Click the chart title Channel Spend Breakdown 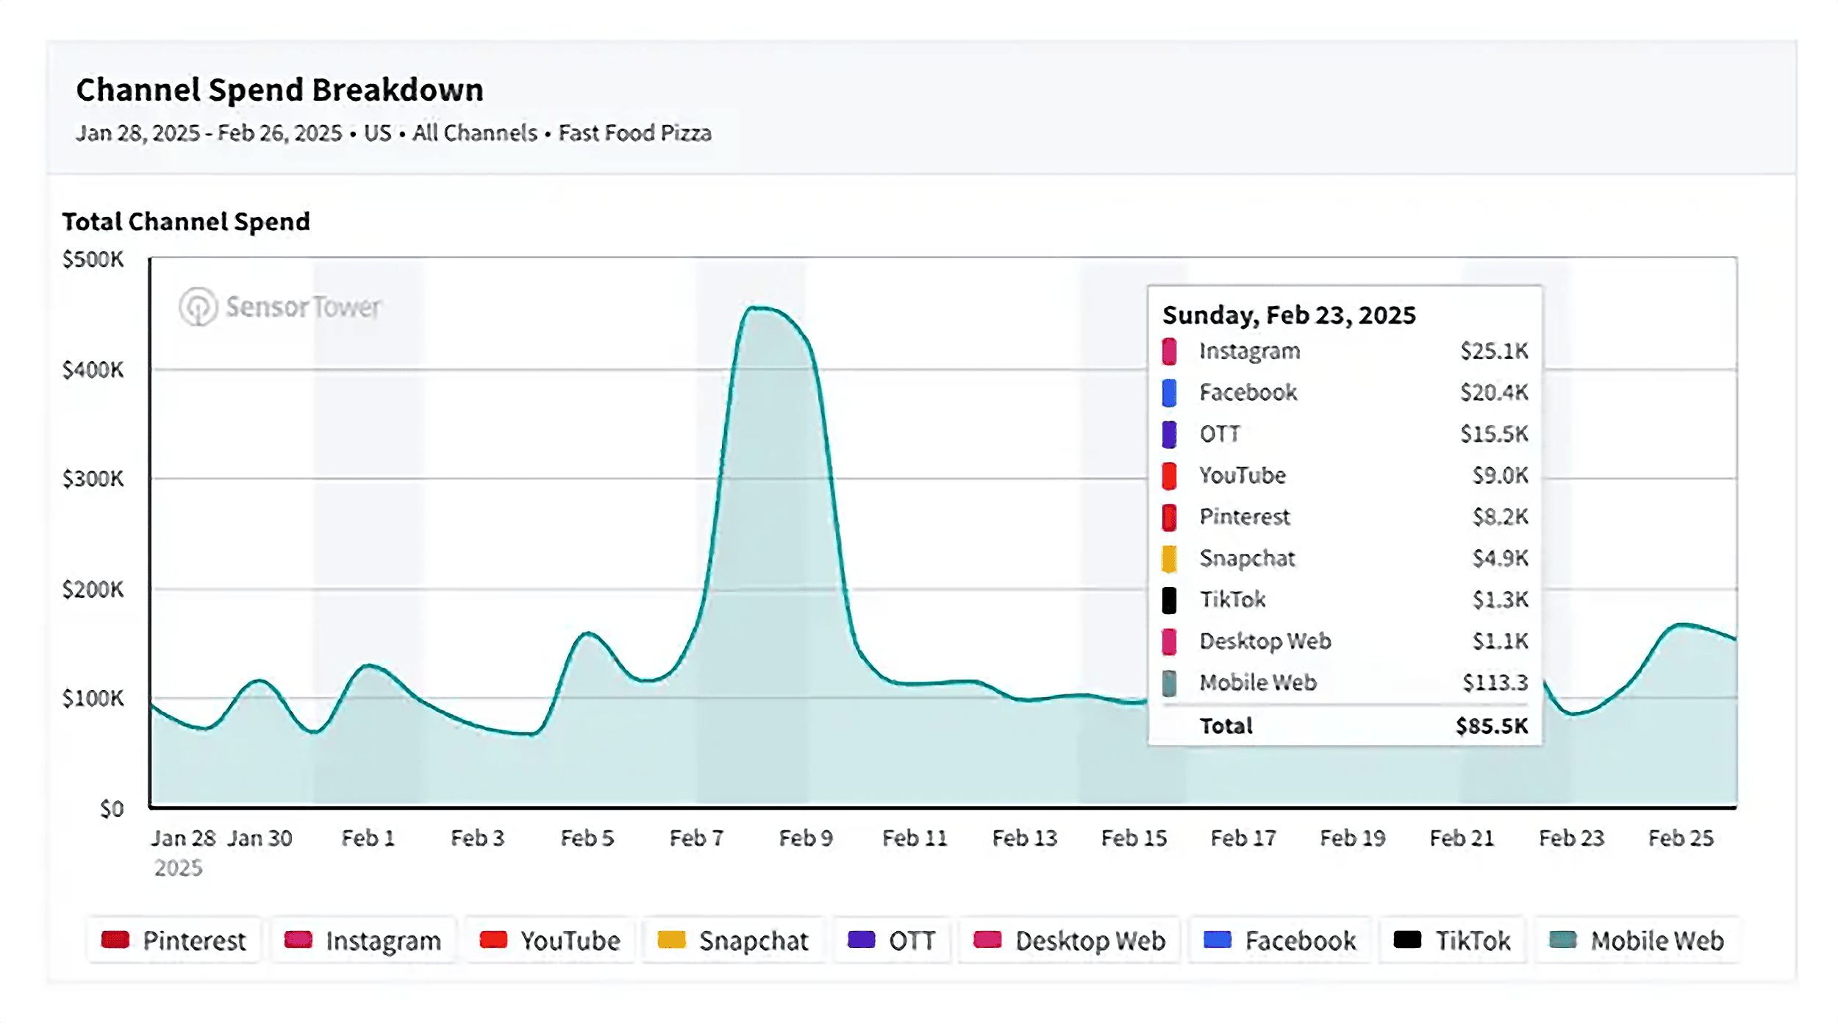click(279, 90)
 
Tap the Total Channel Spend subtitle click(185, 221)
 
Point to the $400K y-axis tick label click(93, 369)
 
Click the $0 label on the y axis click(111, 809)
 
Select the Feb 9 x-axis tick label click(805, 838)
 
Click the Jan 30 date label click(259, 838)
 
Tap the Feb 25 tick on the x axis click(1680, 838)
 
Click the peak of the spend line click(757, 308)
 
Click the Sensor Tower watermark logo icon click(198, 306)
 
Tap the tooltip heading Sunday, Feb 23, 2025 click(1288, 315)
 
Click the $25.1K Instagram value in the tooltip click(1493, 351)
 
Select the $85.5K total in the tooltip click(1491, 726)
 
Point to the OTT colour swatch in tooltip click(1169, 434)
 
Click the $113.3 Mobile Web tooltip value click(1495, 682)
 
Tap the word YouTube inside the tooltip click(1242, 475)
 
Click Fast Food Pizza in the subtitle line click(634, 133)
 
